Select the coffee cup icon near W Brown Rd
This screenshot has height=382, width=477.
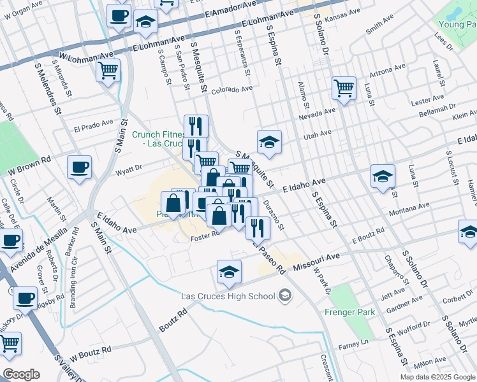(80, 167)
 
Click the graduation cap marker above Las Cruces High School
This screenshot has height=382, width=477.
(229, 272)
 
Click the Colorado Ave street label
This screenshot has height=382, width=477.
(232, 90)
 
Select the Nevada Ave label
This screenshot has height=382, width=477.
(316, 113)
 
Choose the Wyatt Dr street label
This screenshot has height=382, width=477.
(129, 170)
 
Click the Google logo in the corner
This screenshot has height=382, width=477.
(21, 374)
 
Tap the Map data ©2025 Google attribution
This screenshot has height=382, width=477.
(437, 377)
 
